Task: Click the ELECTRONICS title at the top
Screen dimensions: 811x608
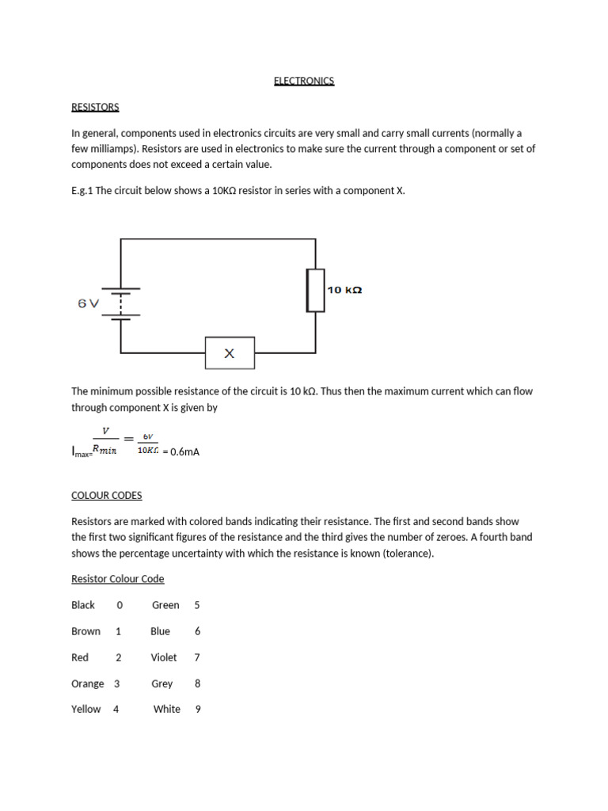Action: [304, 81]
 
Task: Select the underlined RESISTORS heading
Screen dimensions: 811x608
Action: [95, 107]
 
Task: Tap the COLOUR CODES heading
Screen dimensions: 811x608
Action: [107, 496]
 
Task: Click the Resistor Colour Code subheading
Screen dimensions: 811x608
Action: [118, 579]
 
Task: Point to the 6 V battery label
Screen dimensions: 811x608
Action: [89, 303]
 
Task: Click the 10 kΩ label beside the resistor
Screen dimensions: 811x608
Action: [344, 290]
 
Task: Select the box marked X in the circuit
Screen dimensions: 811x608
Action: [230, 353]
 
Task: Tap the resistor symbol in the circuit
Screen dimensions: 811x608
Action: [316, 290]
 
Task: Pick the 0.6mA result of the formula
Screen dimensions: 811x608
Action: [180, 451]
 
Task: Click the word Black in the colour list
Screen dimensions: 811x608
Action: [83, 605]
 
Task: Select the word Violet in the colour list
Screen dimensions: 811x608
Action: [164, 657]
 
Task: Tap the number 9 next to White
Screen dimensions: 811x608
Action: [198, 710]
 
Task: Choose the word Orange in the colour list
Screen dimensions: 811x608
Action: [88, 683]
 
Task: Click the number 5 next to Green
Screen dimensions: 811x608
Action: [197, 605]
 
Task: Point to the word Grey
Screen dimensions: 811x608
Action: [162, 683]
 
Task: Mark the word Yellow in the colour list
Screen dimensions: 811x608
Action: [86, 710]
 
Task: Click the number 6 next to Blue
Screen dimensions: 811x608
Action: [197, 631]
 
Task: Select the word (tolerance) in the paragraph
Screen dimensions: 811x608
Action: [408, 554]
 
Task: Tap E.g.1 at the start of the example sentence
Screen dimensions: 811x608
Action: [82, 191]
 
